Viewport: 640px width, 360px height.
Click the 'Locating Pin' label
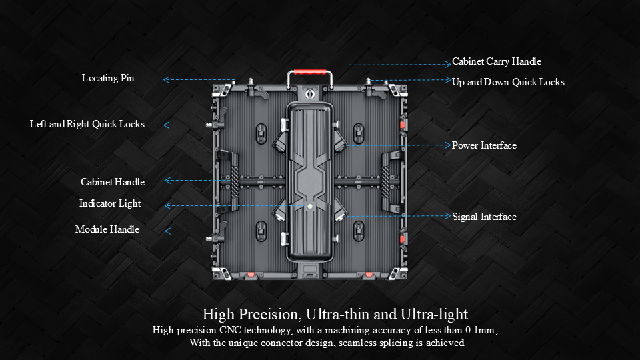coord(108,78)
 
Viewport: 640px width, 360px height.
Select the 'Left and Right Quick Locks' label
coord(87,124)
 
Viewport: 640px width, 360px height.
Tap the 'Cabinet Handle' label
coord(113,182)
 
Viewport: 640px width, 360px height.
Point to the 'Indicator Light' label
coord(110,203)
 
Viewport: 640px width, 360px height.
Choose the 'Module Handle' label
coord(107,229)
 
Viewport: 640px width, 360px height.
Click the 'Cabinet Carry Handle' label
coord(497,61)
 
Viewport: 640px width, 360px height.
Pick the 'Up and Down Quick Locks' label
coord(508,82)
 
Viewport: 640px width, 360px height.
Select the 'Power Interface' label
coord(484,145)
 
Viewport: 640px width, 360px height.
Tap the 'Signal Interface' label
coord(484,217)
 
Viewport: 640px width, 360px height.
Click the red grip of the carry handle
coord(310,72)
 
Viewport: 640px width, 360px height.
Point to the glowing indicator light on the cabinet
coord(310,207)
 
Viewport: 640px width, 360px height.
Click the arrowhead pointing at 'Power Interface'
coord(448,145)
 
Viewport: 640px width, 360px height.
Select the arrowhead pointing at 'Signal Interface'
coord(448,216)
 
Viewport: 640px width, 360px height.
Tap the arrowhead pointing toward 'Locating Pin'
coord(166,79)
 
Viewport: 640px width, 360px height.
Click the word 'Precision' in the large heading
coord(270,314)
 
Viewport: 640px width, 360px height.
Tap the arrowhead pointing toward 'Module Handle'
coord(167,231)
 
